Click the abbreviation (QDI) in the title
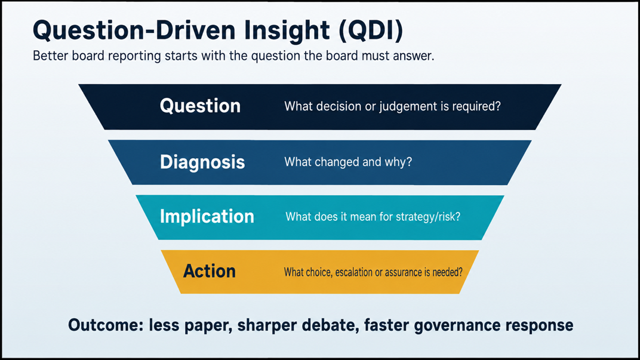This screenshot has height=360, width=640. (371, 30)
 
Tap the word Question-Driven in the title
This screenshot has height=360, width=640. (134, 30)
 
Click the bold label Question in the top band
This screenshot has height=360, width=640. (200, 106)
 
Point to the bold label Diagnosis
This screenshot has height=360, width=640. (202, 162)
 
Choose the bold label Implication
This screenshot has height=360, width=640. (207, 216)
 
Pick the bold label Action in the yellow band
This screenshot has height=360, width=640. (210, 271)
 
